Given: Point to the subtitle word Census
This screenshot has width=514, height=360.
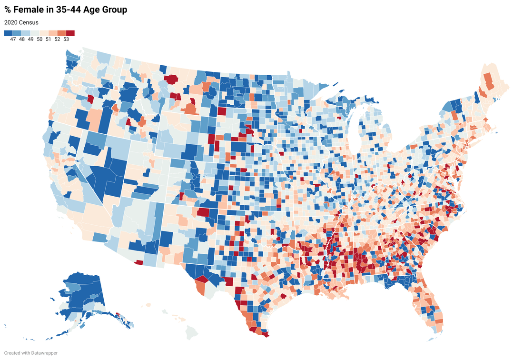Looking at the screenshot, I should click(x=29, y=22).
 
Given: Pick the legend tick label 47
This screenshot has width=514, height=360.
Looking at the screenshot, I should click(x=13, y=39).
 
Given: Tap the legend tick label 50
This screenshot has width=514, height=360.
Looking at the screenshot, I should click(x=40, y=39).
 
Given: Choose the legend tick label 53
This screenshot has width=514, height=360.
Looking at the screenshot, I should click(x=66, y=39).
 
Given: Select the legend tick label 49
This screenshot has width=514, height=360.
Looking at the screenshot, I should click(x=30, y=39).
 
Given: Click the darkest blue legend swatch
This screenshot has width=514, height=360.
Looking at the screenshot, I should click(x=8, y=33).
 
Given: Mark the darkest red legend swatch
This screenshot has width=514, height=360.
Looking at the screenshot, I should click(x=70, y=33).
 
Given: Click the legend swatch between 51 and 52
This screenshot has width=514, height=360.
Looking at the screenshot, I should click(x=53, y=33).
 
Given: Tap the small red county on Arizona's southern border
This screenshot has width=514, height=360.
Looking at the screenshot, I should click(x=139, y=262).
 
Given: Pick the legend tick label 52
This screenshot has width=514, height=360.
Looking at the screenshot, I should click(x=57, y=39).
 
